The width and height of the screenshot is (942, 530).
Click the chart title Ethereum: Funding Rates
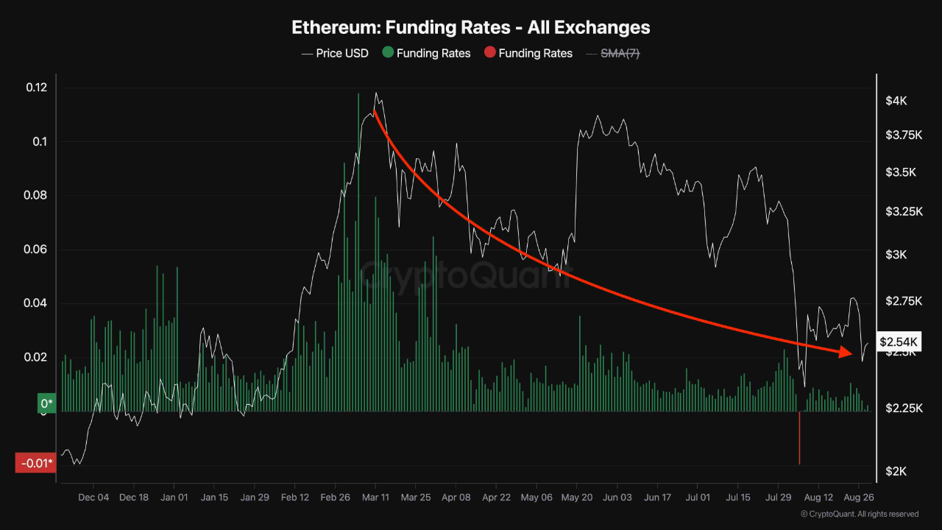[471, 27]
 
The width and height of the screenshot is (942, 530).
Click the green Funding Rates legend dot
[387, 53]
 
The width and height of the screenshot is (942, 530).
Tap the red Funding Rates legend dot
[489, 53]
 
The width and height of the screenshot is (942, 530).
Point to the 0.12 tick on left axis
[36, 88]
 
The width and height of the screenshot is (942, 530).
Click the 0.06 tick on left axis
[36, 250]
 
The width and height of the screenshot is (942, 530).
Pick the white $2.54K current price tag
[899, 342]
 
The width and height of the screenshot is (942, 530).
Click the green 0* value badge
[46, 403]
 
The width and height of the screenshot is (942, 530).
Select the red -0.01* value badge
[35, 463]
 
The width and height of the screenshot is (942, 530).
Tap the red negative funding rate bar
[799, 438]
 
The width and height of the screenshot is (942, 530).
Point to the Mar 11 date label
[375, 498]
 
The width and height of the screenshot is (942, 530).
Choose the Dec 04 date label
[93, 498]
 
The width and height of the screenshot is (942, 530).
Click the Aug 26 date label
[858, 498]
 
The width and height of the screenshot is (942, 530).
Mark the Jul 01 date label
[698, 498]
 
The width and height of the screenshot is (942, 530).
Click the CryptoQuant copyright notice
[859, 514]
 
